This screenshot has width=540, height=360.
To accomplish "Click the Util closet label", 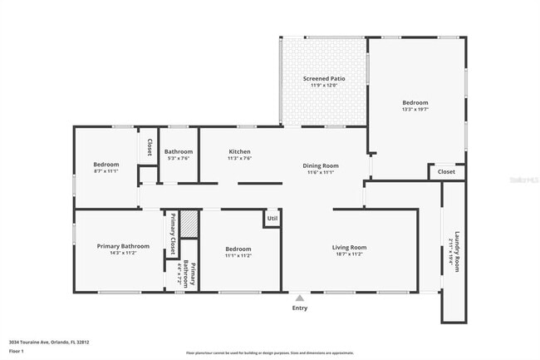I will pyautogui.click(x=272, y=219).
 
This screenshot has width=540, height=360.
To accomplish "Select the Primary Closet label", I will pyautogui.click(x=173, y=234).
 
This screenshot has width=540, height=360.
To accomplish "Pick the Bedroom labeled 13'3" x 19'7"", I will pyautogui.click(x=415, y=106).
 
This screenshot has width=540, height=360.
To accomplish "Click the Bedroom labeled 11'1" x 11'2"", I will pyautogui.click(x=238, y=252).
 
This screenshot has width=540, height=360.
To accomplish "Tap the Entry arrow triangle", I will pyautogui.click(x=300, y=298).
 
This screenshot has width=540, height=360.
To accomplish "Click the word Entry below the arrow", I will pyautogui.click(x=300, y=308).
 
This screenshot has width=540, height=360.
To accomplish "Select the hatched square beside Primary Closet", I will pyautogui.click(x=189, y=224).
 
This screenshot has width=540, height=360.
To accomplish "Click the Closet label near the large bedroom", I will pyautogui.click(x=446, y=172).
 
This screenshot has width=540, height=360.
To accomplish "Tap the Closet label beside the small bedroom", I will pyautogui.click(x=149, y=147).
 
